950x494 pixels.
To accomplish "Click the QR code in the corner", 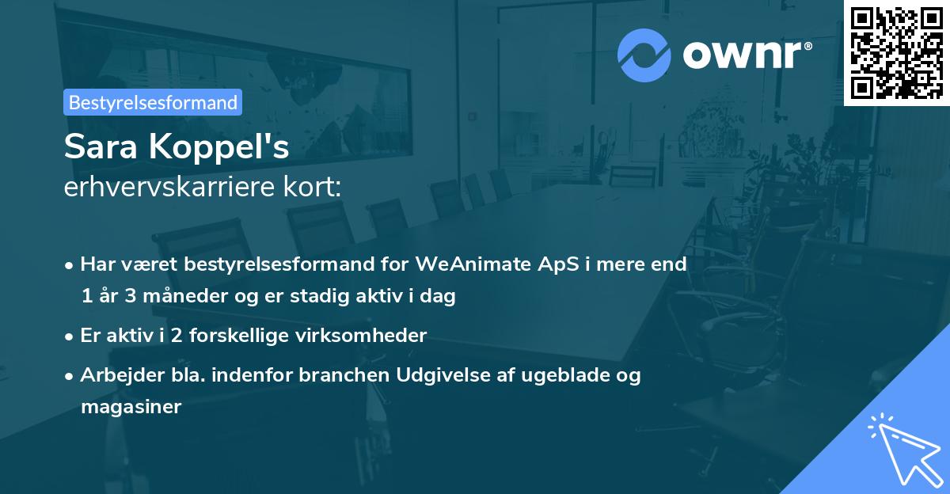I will tap(897, 52).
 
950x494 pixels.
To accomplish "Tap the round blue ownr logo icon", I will tap(644, 55).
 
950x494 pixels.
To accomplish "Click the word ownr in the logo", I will tap(747, 54).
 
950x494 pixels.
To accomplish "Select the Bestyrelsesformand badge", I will tap(153, 102).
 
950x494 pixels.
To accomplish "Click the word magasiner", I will tap(131, 407).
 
